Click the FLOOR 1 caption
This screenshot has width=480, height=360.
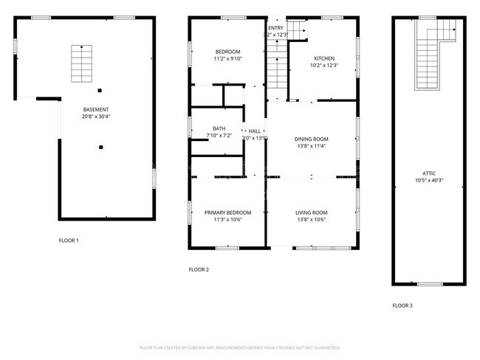[x=69, y=240]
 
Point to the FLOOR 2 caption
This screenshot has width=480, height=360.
[x=199, y=270]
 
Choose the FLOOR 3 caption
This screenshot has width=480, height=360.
[x=402, y=305]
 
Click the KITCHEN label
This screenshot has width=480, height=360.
[x=323, y=58]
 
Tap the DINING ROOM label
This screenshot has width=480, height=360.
[x=311, y=139]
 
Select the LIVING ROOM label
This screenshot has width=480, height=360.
[x=311, y=212]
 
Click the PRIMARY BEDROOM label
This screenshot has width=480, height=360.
[x=227, y=212]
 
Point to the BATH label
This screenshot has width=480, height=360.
[x=219, y=128]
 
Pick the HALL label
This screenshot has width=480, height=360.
[x=255, y=131]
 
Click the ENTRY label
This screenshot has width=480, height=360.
[x=275, y=28]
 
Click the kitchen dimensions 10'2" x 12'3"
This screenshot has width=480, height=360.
[x=323, y=66]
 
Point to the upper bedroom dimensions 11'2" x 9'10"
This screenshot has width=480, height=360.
[x=227, y=58]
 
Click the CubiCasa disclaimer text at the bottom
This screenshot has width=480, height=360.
[x=240, y=347]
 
